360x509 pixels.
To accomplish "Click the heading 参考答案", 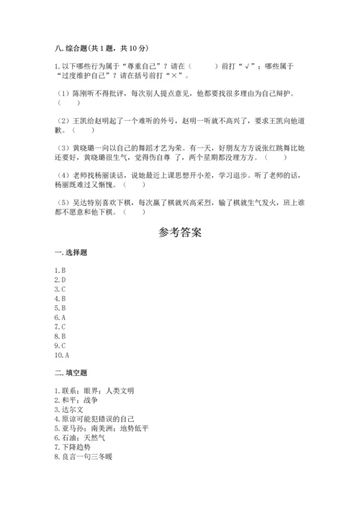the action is click(179, 233).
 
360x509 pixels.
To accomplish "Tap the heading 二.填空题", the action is click(71, 373).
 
